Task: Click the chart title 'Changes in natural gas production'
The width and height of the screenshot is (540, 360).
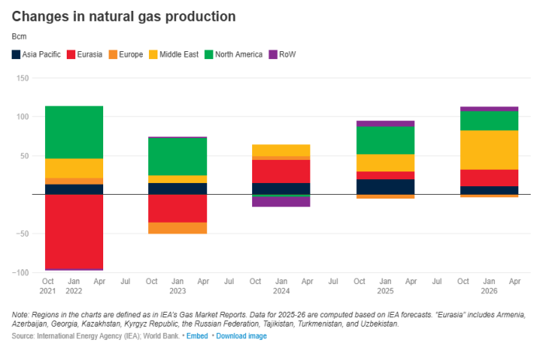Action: [x=123, y=16]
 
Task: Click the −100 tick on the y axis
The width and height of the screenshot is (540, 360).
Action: [x=20, y=272]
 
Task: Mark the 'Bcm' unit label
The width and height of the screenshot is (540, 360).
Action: [x=19, y=36]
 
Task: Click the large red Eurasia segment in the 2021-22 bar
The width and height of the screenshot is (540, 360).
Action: [x=74, y=231]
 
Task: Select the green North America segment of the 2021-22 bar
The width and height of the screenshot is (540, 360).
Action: [x=74, y=132]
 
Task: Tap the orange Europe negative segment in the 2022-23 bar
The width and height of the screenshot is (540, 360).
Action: [x=178, y=228]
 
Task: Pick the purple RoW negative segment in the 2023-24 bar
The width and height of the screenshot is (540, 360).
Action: [x=281, y=202]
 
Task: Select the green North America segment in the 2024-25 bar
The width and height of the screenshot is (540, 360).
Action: [x=385, y=140]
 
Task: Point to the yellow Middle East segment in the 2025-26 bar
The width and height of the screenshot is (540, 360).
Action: [x=489, y=150]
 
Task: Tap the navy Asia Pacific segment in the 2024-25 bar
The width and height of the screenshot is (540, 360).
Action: [x=385, y=187]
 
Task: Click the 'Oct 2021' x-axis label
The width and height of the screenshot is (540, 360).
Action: [x=48, y=286]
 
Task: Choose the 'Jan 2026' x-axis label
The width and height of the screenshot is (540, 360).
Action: [x=489, y=286]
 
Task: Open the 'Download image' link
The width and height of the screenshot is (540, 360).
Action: [x=241, y=336]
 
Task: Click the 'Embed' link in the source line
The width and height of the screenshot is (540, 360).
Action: [x=198, y=336]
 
